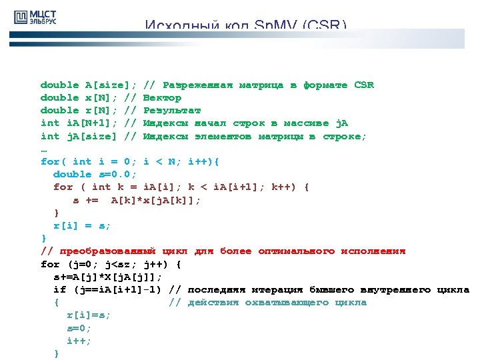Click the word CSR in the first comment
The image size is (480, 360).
click(364, 85)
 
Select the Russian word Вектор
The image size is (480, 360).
click(162, 97)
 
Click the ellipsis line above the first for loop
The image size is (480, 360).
click(44, 149)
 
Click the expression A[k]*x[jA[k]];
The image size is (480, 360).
click(156, 199)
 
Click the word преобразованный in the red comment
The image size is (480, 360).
click(107, 251)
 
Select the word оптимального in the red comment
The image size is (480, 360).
click(296, 251)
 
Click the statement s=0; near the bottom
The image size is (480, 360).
click(79, 328)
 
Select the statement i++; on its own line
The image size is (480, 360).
click(79, 341)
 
